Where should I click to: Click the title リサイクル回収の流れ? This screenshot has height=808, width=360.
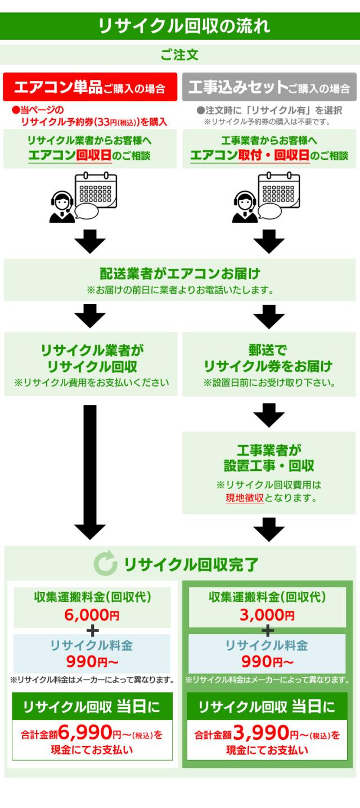coord(180,26)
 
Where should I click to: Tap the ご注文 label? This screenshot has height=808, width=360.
coord(179,55)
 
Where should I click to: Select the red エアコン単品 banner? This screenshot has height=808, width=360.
coord(90,88)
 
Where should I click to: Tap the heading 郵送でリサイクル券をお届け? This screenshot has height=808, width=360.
coord(268,359)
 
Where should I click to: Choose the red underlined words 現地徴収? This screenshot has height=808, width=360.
coord(245,498)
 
